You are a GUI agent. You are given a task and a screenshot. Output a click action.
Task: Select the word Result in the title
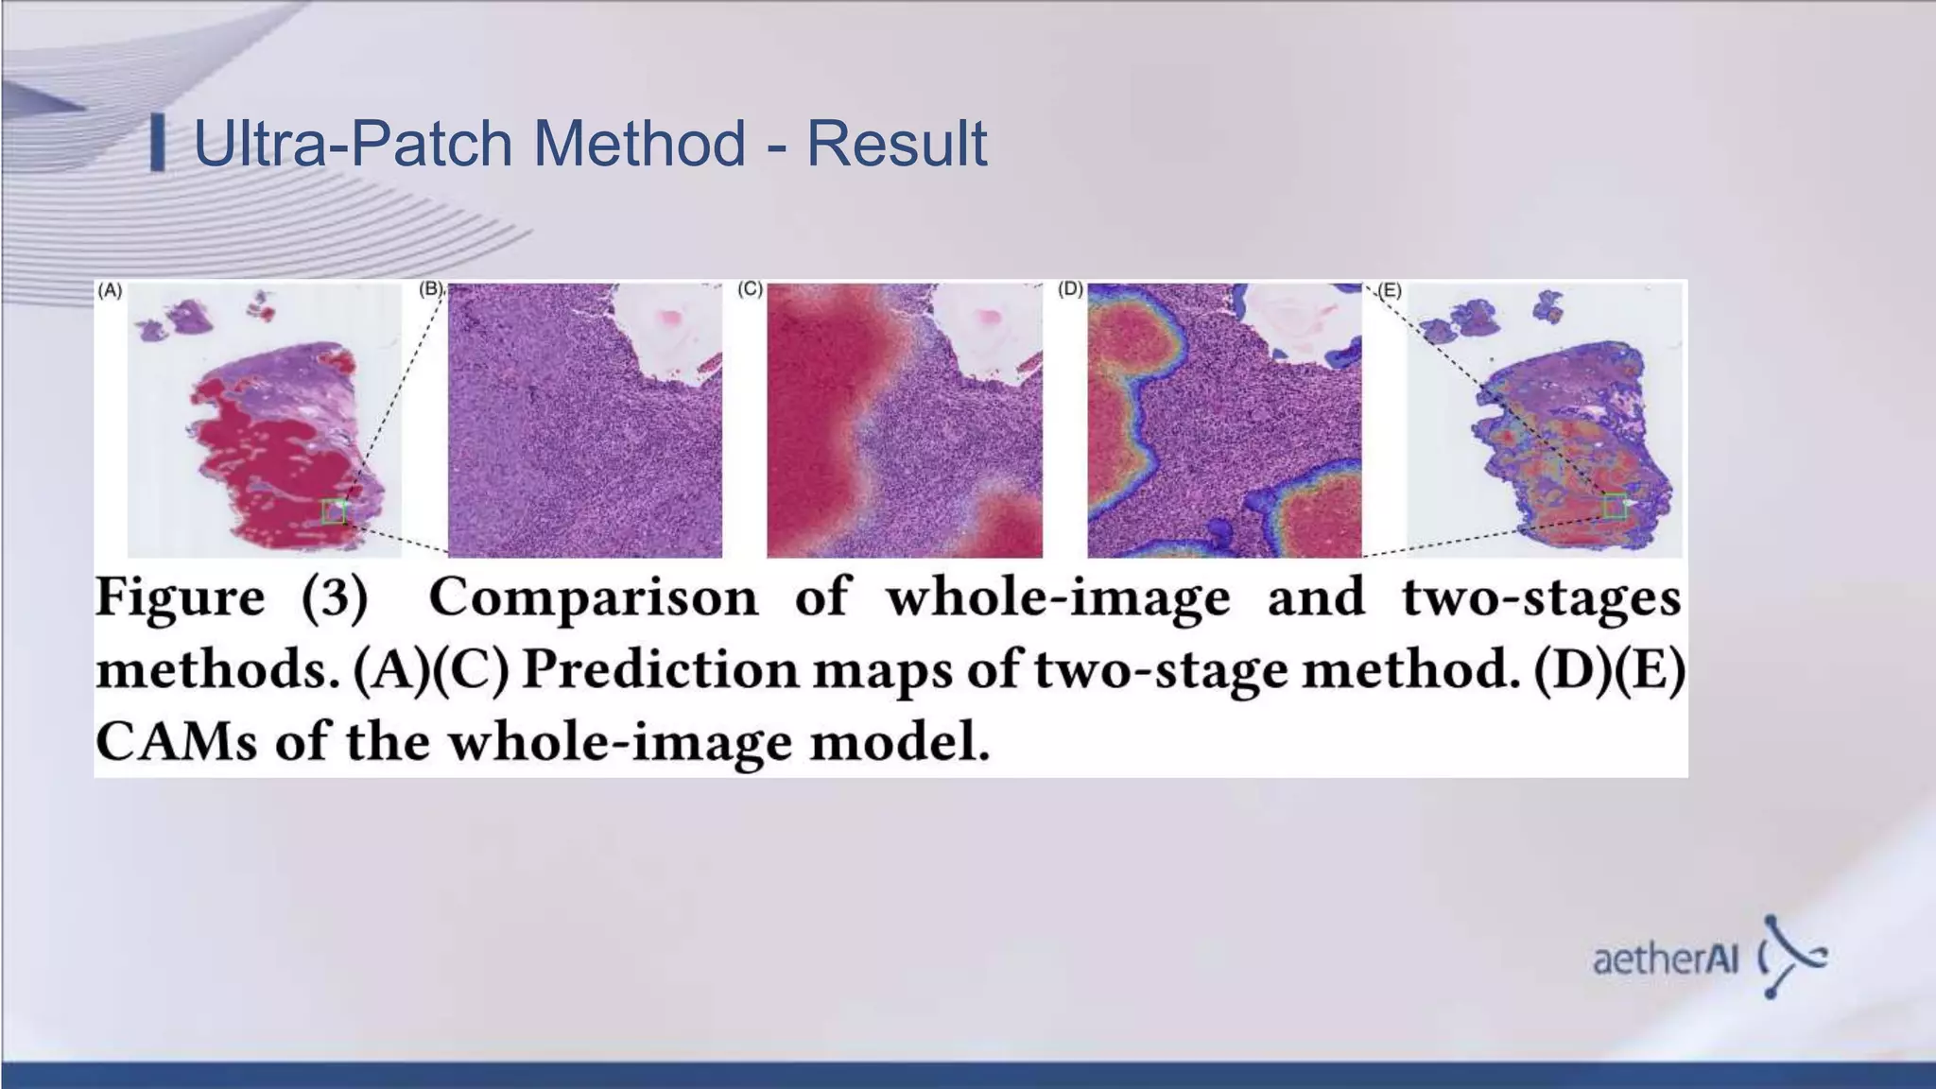coord(896,144)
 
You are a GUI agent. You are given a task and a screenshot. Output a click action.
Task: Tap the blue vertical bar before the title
coord(158,143)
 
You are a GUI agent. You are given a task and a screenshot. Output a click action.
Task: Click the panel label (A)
coord(110,291)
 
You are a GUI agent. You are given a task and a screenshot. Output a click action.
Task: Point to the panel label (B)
coord(431,289)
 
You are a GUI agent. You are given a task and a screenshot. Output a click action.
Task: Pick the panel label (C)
coord(750,289)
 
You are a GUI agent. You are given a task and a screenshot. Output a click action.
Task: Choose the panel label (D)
coord(1069,289)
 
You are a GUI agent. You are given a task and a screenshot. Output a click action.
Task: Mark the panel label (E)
coord(1389,291)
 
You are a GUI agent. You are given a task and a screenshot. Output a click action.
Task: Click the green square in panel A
coord(333,511)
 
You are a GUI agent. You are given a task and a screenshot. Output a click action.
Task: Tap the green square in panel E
coord(1615,507)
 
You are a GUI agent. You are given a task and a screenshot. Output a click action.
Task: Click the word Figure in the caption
coord(180,598)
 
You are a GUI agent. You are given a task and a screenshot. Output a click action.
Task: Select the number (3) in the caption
coord(335,598)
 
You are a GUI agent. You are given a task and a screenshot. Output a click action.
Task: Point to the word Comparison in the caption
coord(593,598)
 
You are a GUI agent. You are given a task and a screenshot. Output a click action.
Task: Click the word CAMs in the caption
coord(176,742)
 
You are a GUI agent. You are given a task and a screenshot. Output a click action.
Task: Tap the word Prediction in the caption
coord(661,670)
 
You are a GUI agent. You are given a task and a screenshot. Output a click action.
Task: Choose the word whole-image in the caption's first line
coord(1058,598)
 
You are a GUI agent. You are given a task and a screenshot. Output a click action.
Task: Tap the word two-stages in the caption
coord(1541,598)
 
